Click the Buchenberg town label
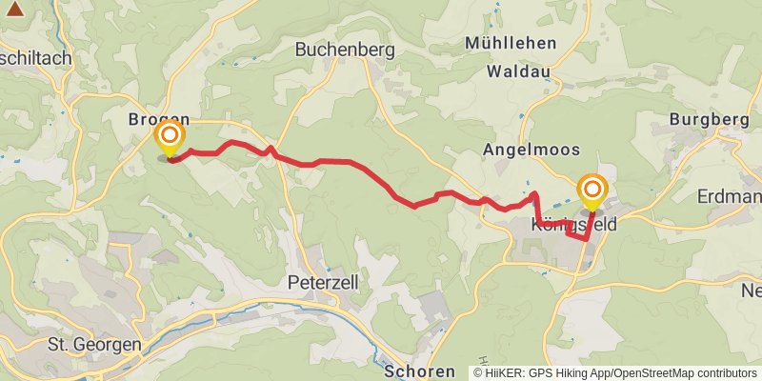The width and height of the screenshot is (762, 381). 338,49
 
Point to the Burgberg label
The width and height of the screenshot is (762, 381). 704,119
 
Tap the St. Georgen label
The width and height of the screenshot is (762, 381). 94,344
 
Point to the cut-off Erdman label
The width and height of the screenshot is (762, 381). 730,197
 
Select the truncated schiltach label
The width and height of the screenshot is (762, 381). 36,58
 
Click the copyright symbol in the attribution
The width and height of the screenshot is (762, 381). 479,372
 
